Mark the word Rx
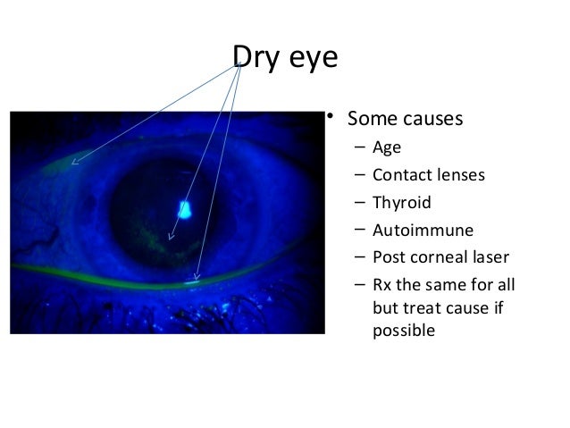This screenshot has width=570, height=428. tap(383, 286)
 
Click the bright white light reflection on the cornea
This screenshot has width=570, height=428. tap(186, 211)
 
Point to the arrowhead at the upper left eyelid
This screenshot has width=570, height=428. tap(73, 164)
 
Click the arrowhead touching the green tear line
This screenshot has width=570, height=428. tap(196, 281)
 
